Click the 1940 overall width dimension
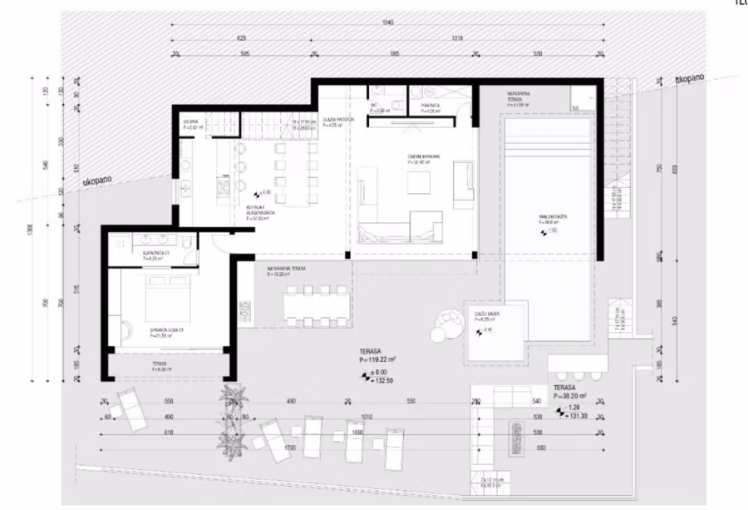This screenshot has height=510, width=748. click(384, 23)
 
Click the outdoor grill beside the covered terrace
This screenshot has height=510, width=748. click(247, 310)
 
